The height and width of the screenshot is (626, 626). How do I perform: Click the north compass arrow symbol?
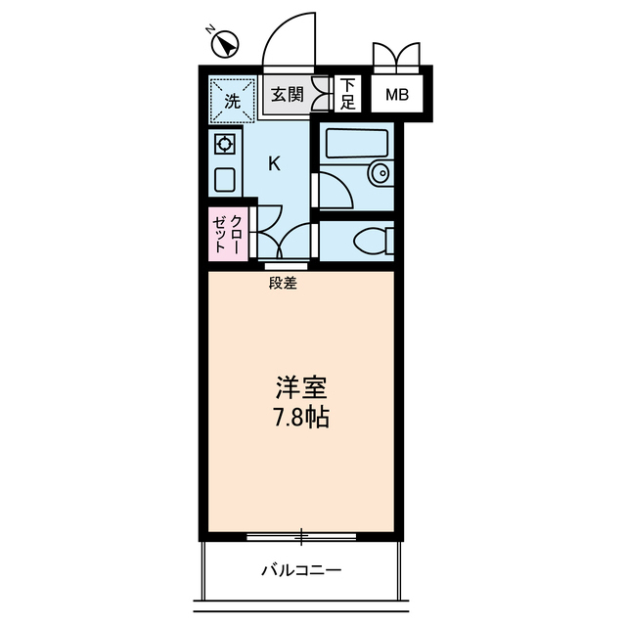pyautogui.click(x=227, y=44)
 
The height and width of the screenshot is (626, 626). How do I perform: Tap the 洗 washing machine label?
pyautogui.click(x=232, y=100)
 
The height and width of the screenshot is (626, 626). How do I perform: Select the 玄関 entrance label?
pyautogui.click(x=287, y=95)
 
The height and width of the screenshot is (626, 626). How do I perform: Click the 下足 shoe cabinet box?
pyautogui.click(x=347, y=94)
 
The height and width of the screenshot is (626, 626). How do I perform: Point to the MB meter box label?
pyautogui.click(x=396, y=96)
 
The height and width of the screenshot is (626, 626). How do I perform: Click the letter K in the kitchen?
pyautogui.click(x=274, y=163)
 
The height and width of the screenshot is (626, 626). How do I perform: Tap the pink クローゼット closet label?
pyautogui.click(x=227, y=234)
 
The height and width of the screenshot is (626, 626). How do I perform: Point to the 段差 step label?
pyautogui.click(x=283, y=284)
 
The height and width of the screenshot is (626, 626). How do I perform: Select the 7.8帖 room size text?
pyautogui.click(x=300, y=418)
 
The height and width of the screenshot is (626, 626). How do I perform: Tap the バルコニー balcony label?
pyautogui.click(x=300, y=569)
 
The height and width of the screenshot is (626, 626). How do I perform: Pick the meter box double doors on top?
pyautogui.click(x=396, y=55)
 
